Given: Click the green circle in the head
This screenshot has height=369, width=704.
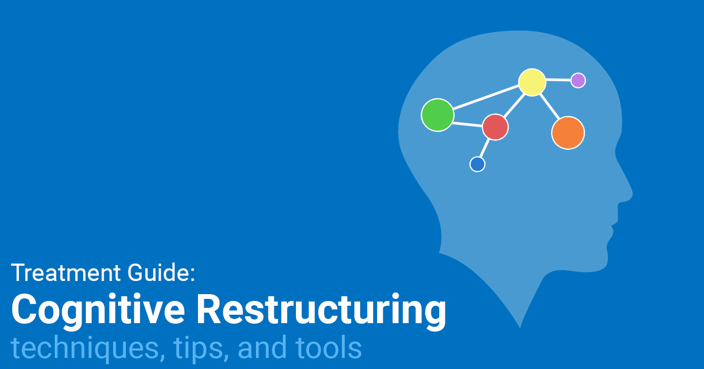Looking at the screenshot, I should pyautogui.click(x=438, y=115).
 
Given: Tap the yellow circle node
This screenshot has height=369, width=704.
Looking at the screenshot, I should pyautogui.click(x=532, y=82).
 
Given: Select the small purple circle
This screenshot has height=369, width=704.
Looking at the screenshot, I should pyautogui.click(x=578, y=80).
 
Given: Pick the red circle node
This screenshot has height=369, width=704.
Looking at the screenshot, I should pyautogui.click(x=495, y=127).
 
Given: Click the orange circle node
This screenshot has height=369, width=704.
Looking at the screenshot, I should pyautogui.click(x=568, y=133).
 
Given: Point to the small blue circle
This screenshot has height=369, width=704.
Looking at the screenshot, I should pyautogui.click(x=477, y=164).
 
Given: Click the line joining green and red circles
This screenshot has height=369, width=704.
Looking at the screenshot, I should pyautogui.click(x=468, y=124).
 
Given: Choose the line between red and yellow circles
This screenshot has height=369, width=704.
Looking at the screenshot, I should pyautogui.click(x=514, y=104).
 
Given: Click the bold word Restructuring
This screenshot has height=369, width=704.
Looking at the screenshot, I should pyautogui.click(x=321, y=310).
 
